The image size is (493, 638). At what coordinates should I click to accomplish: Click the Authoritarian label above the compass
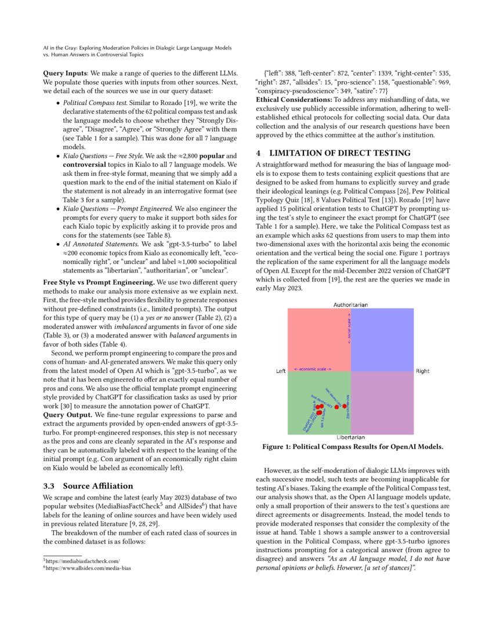click(x=350, y=304)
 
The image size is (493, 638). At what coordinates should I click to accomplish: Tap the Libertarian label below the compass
click(x=350, y=437)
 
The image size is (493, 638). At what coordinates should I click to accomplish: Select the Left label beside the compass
click(x=281, y=371)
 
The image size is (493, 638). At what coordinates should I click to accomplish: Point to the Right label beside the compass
click(x=422, y=371)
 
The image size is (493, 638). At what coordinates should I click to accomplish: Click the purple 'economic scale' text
click(x=313, y=369)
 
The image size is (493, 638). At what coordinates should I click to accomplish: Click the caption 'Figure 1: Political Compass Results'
click(x=353, y=447)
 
